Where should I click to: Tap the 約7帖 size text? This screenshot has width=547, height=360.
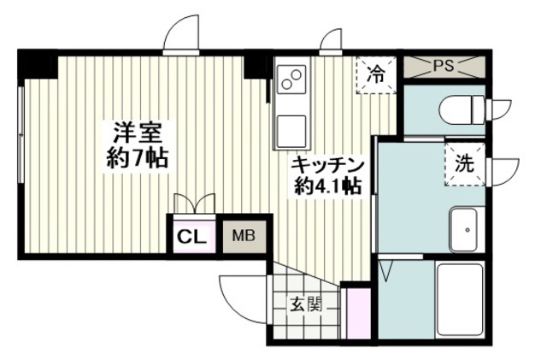[137, 158]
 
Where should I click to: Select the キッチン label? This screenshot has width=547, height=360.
[327, 166]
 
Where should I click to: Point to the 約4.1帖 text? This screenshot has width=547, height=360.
[327, 186]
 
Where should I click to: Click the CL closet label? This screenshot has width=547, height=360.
[191, 238]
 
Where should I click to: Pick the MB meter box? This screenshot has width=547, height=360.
[244, 236]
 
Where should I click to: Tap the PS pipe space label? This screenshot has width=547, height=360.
[444, 67]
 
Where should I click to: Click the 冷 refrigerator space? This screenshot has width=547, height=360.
[376, 74]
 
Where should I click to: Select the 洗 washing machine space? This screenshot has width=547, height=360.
[465, 163]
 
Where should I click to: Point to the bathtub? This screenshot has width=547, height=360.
[460, 300]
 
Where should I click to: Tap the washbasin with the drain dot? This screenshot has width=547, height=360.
[463, 229]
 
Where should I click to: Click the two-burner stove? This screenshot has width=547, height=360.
[291, 80]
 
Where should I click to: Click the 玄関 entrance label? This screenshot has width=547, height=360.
[306, 306]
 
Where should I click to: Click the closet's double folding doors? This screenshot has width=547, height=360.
[194, 204]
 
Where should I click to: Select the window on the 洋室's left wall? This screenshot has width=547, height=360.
[21, 133]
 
